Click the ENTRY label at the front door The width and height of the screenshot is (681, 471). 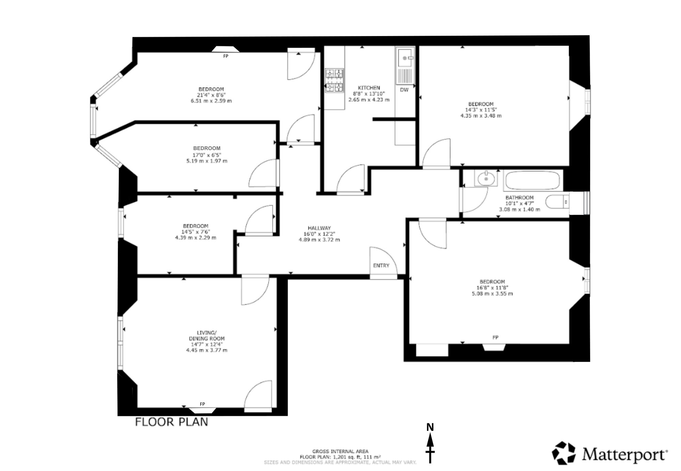tap(381, 265)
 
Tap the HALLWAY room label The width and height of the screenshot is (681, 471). tap(319, 228)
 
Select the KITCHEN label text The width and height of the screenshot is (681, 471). tap(369, 88)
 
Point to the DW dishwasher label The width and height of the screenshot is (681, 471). tap(404, 90)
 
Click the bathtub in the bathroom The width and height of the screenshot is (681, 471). tap(532, 181)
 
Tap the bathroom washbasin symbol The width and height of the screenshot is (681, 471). tap(486, 178)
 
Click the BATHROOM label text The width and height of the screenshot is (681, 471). tap(519, 197)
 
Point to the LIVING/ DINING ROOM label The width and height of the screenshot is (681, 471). tap(207, 336)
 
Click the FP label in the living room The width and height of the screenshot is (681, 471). tap(202, 404)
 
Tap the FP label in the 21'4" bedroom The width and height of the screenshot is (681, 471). tap(225, 56)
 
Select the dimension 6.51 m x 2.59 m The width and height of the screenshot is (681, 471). tap(211, 101)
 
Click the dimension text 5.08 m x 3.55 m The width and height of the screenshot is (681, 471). tap(492, 293)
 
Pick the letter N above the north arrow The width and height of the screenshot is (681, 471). tap(430, 427)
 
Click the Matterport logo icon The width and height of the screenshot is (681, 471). tap(564, 453)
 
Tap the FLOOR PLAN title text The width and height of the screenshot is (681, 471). tap(172, 422)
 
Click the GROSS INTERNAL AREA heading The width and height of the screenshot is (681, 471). tap(340, 452)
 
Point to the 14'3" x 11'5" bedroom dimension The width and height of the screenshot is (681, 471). tap(481, 110)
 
